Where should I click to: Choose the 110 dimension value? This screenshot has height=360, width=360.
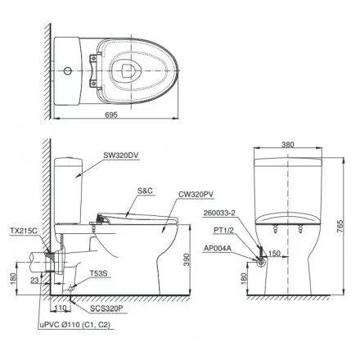pos(61,309)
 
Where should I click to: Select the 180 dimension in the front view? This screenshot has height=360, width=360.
pos(244,278)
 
